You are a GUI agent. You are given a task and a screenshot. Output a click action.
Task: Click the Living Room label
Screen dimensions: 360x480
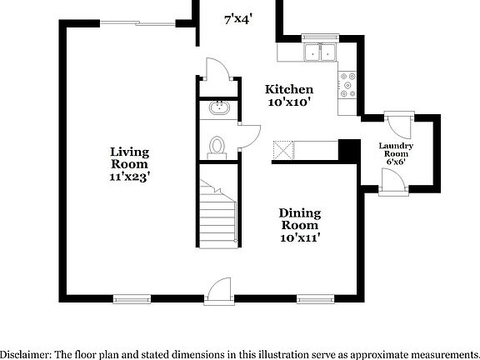129,157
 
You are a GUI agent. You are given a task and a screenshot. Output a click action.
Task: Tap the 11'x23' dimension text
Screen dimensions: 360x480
129,176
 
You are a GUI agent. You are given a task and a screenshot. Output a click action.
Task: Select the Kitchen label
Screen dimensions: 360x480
289,89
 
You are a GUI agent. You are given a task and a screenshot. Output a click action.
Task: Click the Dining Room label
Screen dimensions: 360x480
299,218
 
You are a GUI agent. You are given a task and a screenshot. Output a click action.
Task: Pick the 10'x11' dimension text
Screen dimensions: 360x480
299,237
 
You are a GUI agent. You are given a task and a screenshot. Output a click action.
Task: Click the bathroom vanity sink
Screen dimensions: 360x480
221,107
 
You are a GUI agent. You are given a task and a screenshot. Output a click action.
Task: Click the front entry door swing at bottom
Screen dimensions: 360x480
218,289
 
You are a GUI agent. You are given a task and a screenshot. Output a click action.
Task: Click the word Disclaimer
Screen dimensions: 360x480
25,353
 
